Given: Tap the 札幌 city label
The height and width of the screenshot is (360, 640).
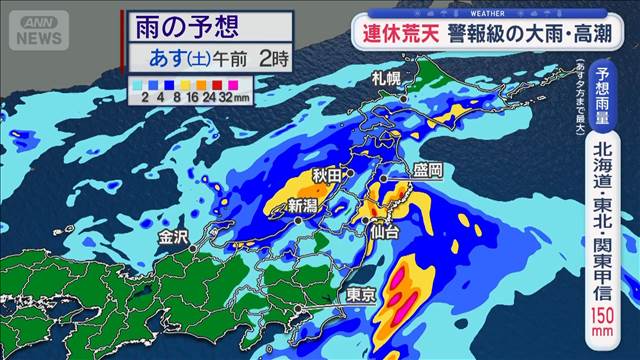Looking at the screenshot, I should coord(385,78).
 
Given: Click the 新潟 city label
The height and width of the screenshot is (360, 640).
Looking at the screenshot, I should coord(303,205).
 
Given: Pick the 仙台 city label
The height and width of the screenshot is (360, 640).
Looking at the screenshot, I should coord(384,232).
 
